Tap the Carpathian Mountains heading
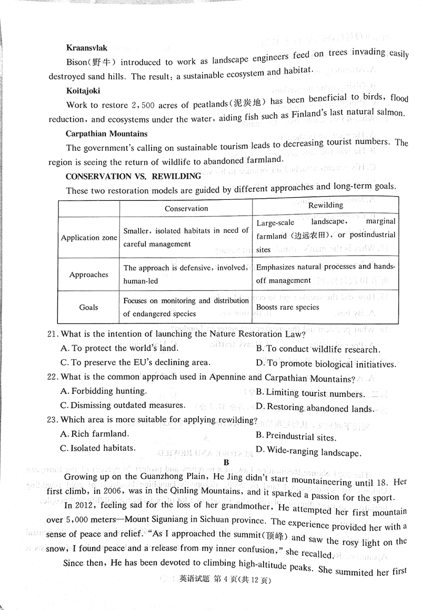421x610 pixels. click(x=107, y=134)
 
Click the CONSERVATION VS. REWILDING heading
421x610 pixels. click(x=134, y=176)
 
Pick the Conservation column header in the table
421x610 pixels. click(x=186, y=208)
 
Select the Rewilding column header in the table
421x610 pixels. click(x=325, y=205)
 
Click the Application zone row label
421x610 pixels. click(x=89, y=238)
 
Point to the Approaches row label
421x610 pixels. click(x=89, y=274)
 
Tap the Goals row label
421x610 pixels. click(x=89, y=307)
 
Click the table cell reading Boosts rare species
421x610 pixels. click(x=288, y=307)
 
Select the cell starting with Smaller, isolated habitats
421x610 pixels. click(x=186, y=237)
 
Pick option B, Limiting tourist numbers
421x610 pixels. click(x=310, y=393)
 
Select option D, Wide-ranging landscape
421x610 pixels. click(x=308, y=451)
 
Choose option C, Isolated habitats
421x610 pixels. click(x=98, y=448)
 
